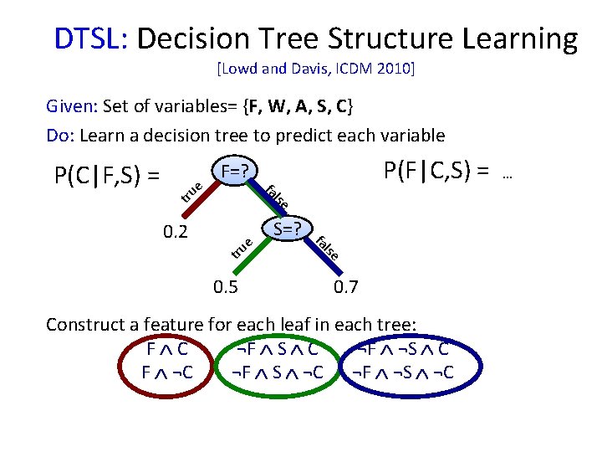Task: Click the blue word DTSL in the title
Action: (x=88, y=39)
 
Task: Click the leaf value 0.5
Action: (x=225, y=289)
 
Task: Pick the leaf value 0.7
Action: (x=345, y=289)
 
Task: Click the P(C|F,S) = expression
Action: (x=107, y=176)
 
